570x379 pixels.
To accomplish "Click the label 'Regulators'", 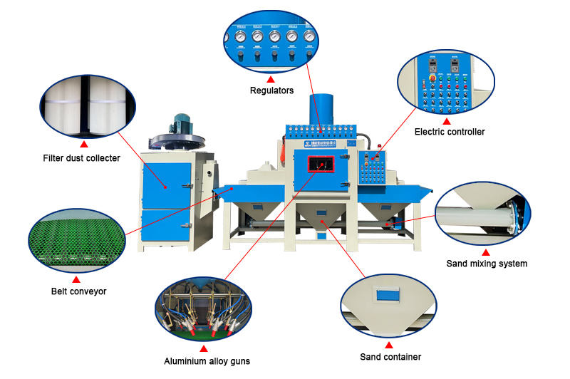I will [271, 90].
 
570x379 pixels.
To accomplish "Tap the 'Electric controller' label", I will [450, 132].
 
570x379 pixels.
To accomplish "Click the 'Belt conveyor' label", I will [75, 291].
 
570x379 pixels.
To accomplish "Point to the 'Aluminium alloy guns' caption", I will [207, 361].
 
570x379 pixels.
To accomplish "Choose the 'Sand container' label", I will [390, 357].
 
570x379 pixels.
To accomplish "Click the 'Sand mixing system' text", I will [487, 264].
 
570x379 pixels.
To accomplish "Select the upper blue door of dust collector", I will [167, 185].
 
